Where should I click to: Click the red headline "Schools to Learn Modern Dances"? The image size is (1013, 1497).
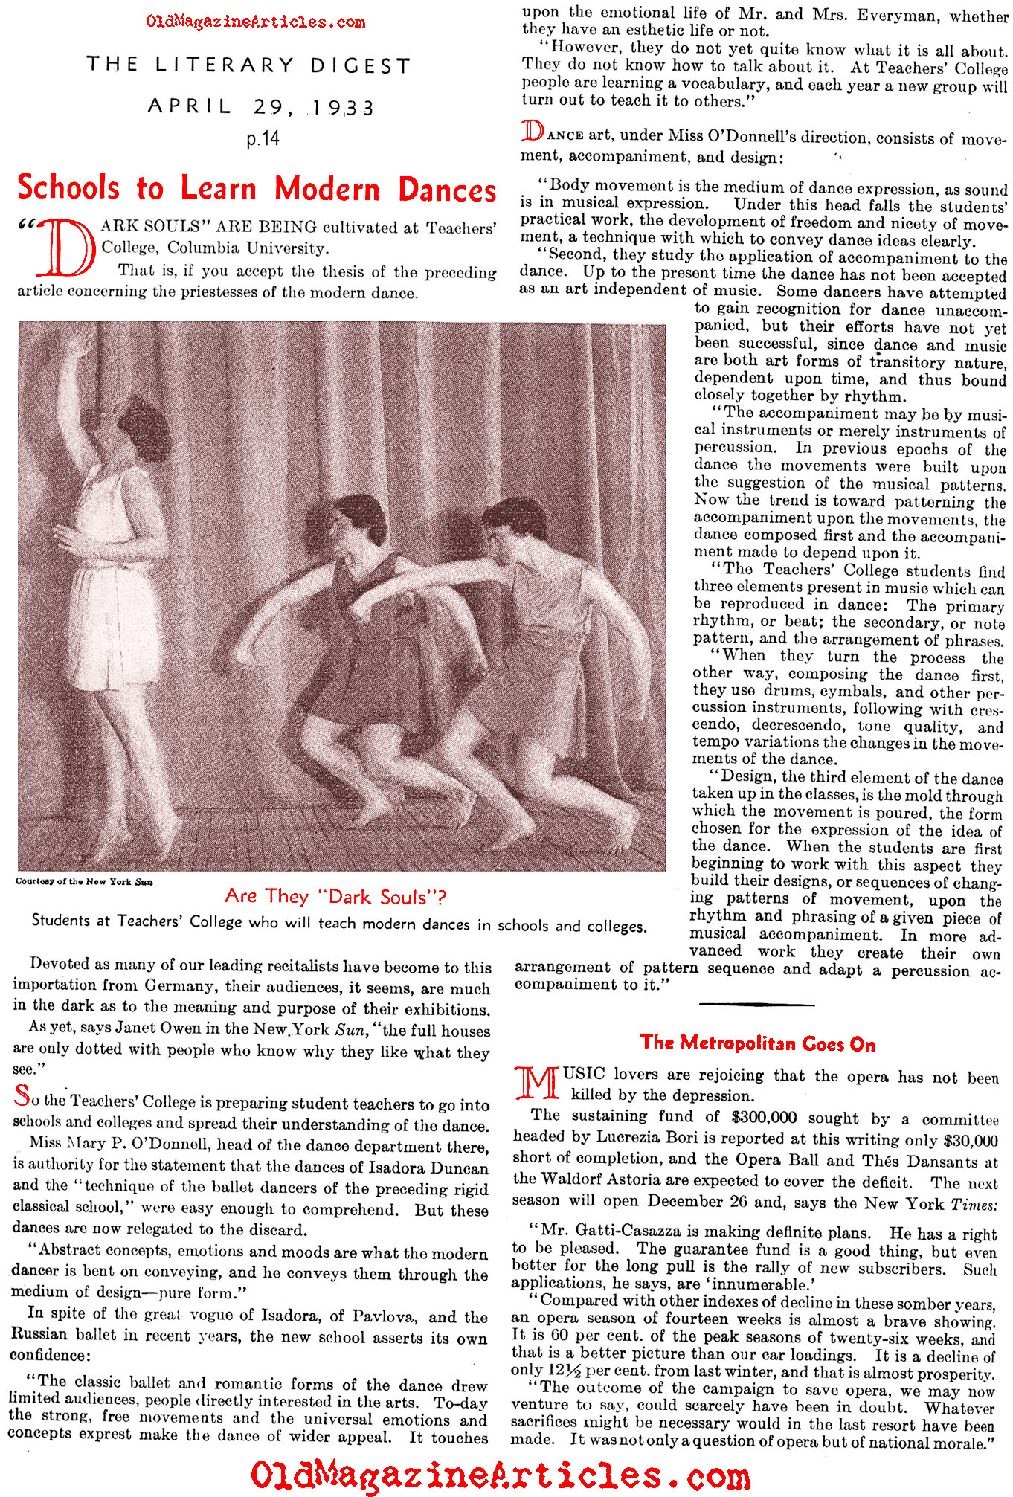[257, 189]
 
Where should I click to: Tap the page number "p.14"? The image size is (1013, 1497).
[263, 139]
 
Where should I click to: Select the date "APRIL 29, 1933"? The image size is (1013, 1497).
[260, 106]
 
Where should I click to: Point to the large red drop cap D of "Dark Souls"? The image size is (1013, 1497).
[68, 248]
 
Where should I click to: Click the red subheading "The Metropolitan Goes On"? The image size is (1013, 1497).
[757, 1043]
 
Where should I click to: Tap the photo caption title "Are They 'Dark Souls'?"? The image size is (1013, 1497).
[335, 897]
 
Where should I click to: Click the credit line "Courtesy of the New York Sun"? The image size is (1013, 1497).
[84, 882]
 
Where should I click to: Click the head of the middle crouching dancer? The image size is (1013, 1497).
[359, 523]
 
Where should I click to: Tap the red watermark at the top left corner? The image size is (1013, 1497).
[255, 22]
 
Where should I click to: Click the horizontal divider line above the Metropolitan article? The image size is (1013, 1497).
[756, 1005]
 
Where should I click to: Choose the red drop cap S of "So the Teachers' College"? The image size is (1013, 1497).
[22, 1095]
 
